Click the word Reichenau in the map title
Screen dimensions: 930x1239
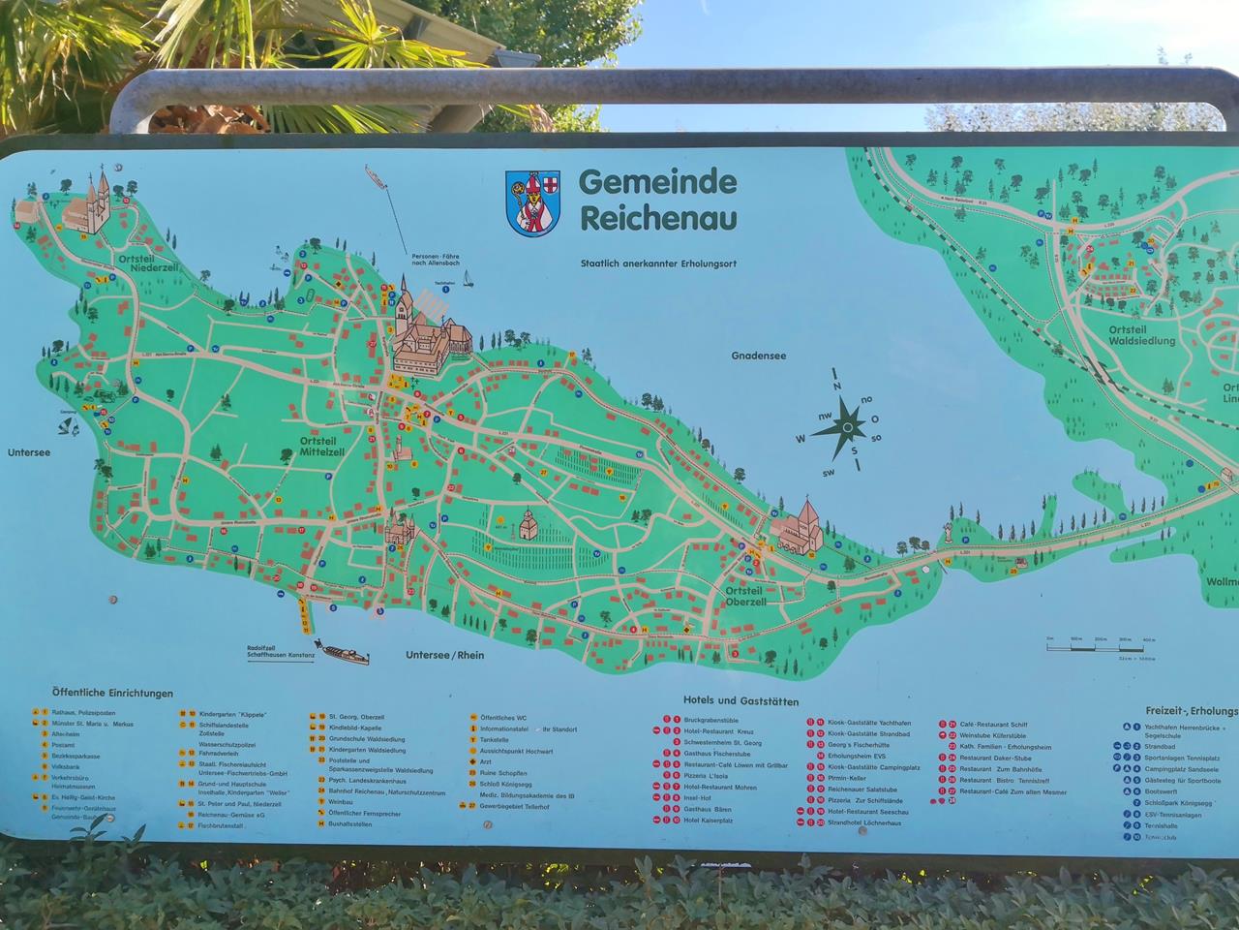point(658,217)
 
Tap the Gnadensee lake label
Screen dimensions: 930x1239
point(759,356)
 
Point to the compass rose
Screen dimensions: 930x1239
point(847,425)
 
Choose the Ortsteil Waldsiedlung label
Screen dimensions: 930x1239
point(1141,335)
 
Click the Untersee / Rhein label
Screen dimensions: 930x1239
point(444,655)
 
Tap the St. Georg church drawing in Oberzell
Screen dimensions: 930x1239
point(799,528)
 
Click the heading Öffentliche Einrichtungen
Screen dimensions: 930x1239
point(113,693)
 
